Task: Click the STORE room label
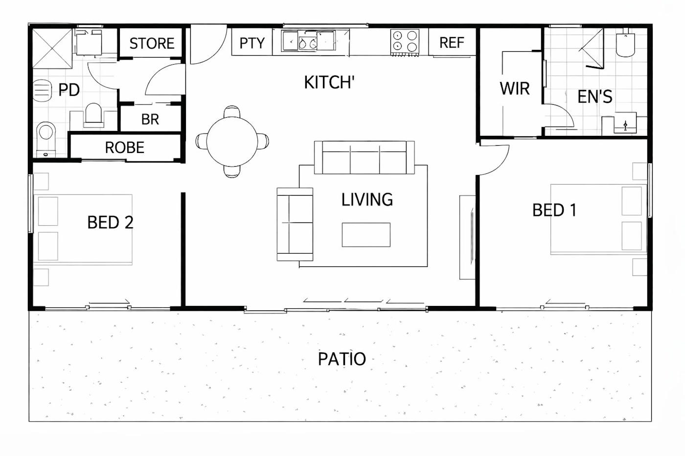[152, 43]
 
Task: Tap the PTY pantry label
[252, 43]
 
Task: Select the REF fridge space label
[452, 43]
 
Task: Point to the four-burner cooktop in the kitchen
[405, 43]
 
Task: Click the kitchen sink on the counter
[309, 41]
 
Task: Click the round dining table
[232, 141]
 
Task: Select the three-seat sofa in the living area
[364, 157]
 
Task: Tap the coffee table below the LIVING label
[366, 235]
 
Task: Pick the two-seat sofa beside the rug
[295, 224]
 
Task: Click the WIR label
[515, 88]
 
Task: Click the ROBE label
[124, 148]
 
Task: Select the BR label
[150, 119]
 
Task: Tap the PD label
[69, 90]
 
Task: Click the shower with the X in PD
[52, 48]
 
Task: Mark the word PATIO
[342, 359]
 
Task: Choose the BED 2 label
[110, 222]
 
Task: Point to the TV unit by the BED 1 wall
[468, 238]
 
